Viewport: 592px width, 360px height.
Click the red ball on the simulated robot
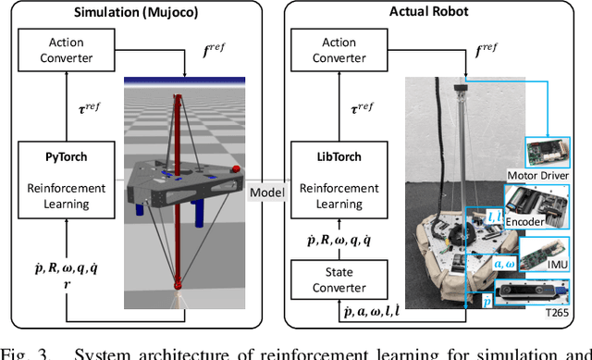(x=236, y=169)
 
